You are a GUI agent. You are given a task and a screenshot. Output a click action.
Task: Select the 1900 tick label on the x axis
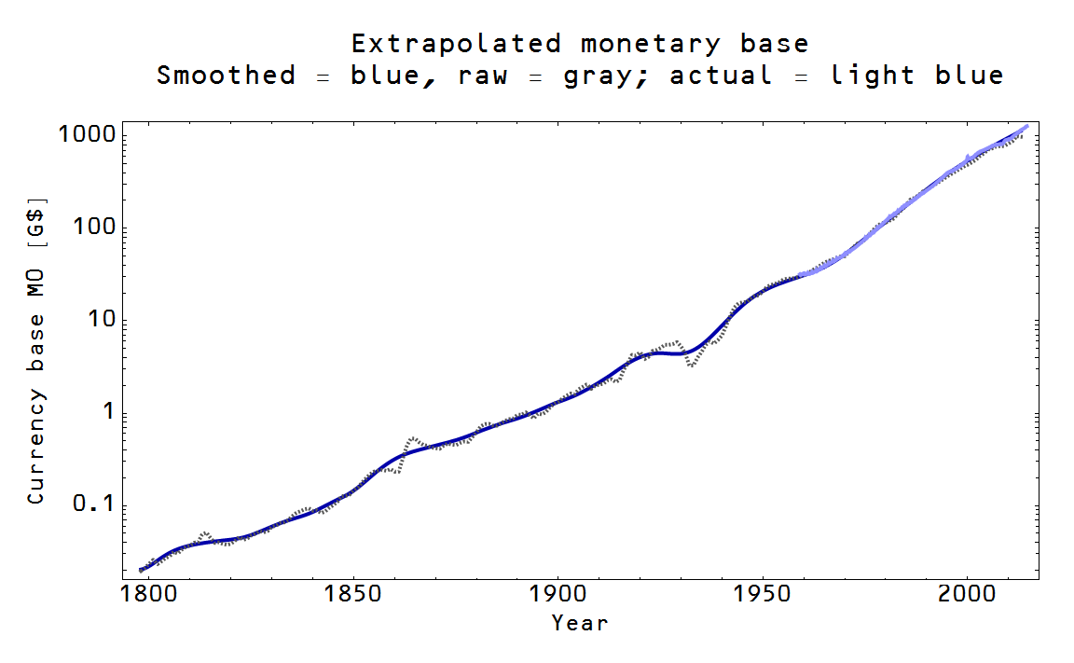(557, 595)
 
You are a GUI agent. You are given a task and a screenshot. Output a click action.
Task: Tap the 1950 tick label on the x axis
(762, 595)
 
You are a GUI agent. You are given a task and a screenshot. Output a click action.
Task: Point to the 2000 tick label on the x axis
(966, 595)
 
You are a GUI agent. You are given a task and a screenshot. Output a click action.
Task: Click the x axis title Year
(579, 622)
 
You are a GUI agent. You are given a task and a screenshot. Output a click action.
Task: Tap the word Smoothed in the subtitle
(226, 76)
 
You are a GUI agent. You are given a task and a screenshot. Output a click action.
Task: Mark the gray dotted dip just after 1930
(691, 364)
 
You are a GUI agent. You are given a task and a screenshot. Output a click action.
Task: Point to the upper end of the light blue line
(1026, 125)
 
